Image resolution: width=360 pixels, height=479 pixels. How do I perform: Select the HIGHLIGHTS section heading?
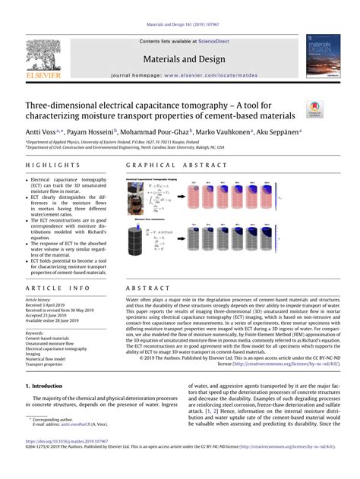click(x=48, y=164)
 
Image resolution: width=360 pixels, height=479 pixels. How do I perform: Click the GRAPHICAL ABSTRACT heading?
click(x=164, y=164)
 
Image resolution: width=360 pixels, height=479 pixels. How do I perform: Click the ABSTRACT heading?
click(x=144, y=289)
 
